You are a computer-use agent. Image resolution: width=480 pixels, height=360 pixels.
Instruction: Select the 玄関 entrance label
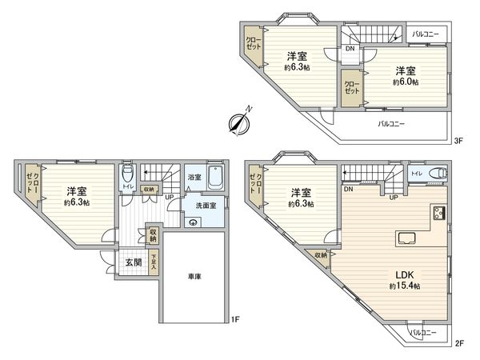[x=133, y=263]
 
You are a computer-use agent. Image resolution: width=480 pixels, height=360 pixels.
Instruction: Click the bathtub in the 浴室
[x=214, y=178]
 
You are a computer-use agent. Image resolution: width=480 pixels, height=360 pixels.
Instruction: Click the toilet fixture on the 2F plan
[x=436, y=173]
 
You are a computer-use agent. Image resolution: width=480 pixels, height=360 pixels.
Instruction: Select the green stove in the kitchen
[x=439, y=212]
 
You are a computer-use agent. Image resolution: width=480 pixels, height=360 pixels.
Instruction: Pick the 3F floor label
[x=458, y=141]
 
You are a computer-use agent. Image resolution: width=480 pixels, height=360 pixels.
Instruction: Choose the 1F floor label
[x=235, y=321]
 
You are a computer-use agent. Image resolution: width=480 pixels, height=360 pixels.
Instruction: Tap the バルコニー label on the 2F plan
[x=423, y=331]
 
